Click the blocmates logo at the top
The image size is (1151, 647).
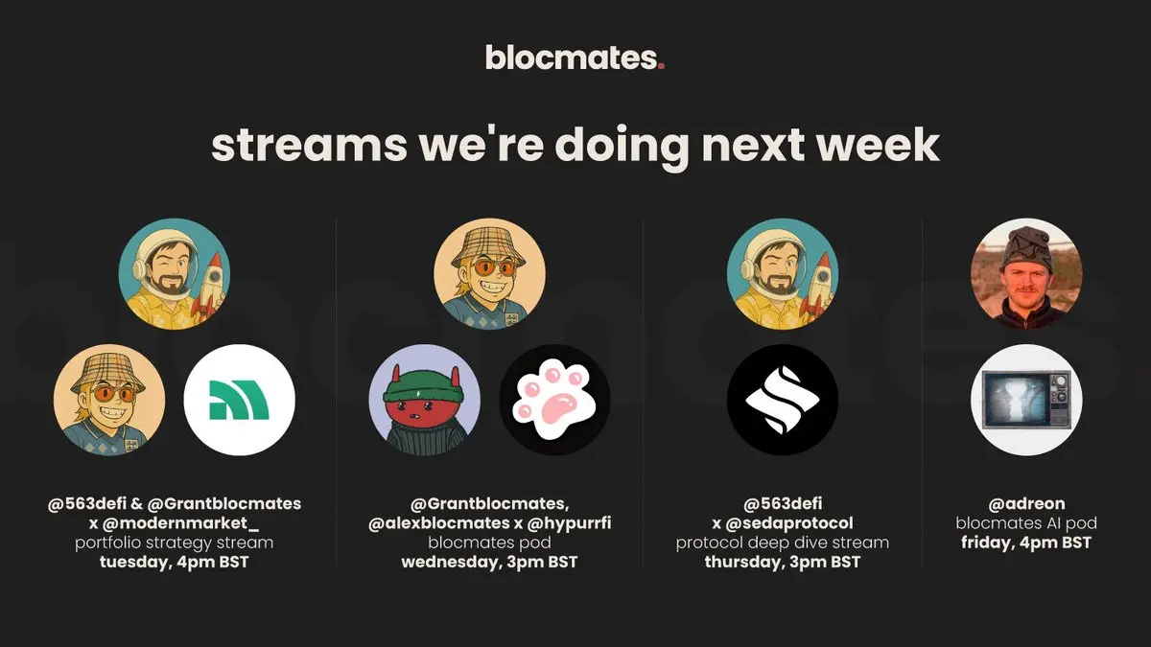tap(575, 58)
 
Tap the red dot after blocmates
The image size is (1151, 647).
tap(661, 66)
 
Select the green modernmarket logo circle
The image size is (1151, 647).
tap(240, 400)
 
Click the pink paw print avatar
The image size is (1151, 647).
tap(555, 400)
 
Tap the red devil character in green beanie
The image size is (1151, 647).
tap(425, 400)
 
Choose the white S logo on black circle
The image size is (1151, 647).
tap(783, 400)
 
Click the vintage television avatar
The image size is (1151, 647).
tap(1026, 400)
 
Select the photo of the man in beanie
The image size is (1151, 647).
tap(1026, 274)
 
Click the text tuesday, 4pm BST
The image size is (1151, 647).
tap(175, 563)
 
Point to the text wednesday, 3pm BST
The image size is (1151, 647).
tap(489, 563)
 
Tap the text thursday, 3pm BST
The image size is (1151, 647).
tap(783, 563)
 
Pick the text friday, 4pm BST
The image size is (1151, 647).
tap(1026, 543)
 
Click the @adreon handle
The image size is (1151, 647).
tap(1026, 504)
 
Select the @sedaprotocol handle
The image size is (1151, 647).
tap(789, 523)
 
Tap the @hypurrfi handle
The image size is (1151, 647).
tap(570, 523)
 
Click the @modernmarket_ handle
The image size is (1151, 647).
tap(181, 523)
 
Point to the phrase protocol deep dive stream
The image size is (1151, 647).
tap(782, 543)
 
